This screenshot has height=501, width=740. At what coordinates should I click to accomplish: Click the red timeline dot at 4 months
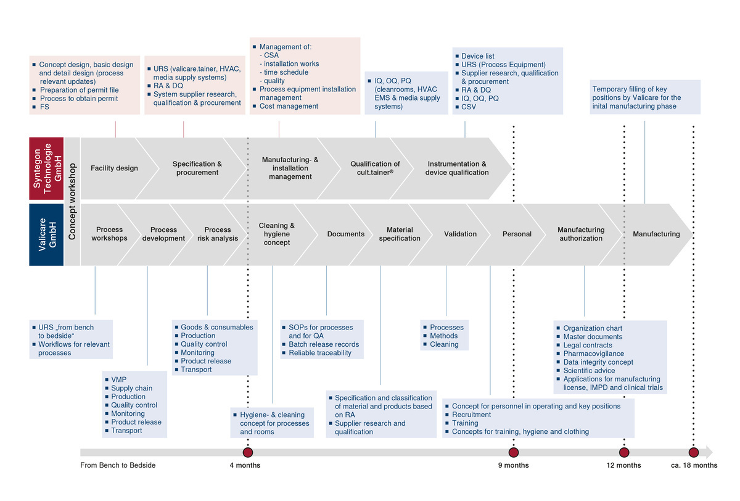tap(248, 452)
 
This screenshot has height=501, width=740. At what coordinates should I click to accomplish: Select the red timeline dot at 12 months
tap(624, 452)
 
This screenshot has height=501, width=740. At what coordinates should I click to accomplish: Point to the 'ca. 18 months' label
tap(694, 465)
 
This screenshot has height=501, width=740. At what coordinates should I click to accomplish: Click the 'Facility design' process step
tap(114, 168)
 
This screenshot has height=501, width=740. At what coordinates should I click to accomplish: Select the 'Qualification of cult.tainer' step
tap(375, 168)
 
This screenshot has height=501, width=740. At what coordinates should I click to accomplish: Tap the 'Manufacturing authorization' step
tap(581, 234)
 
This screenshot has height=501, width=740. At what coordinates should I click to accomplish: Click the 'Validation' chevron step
tap(460, 234)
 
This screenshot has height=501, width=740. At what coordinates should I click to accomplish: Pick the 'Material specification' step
tap(400, 234)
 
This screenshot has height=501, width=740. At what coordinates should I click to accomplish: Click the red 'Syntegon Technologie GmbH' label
tap(46, 168)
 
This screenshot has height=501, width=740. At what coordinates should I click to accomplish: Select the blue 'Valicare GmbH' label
tap(46, 234)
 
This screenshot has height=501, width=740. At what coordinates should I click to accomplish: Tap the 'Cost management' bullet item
tap(289, 106)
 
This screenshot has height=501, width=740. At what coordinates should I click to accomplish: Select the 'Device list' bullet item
tap(477, 56)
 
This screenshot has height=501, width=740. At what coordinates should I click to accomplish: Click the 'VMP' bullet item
tap(118, 380)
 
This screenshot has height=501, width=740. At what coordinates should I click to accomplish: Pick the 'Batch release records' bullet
tap(323, 344)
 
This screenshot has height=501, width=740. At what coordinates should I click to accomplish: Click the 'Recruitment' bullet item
tap(471, 415)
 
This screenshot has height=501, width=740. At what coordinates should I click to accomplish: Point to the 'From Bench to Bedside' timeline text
tap(118, 465)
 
